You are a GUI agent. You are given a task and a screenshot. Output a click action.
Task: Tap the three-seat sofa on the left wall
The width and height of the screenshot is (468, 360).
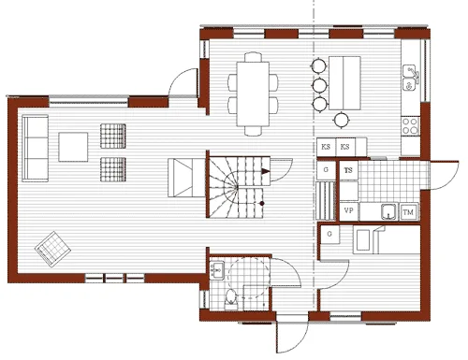tap(35, 148)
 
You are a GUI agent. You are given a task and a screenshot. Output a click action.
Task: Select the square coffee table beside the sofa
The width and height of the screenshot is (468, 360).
tap(74, 148)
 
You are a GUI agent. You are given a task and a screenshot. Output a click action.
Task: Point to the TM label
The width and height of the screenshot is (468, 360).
tap(408, 213)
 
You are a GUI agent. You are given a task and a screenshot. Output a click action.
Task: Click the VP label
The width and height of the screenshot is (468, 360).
tap(348, 211)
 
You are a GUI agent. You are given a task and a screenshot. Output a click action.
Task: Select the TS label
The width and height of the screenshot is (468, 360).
tap(348, 171)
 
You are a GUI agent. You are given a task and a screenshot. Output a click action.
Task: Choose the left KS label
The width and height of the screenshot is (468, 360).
tap(326, 148)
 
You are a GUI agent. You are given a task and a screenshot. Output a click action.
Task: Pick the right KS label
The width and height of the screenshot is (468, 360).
tap(346, 148)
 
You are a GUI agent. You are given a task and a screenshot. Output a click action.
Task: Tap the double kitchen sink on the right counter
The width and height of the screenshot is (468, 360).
tap(409, 79)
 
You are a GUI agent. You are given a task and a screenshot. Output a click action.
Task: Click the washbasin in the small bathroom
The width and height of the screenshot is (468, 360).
tap(215, 271)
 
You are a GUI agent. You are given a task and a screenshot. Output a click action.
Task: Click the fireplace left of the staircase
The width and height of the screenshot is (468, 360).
tap(182, 178)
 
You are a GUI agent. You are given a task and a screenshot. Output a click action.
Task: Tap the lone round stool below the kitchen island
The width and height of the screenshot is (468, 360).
tap(341, 119)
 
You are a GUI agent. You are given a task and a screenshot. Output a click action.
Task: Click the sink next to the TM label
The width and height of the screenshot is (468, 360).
tap(385, 210)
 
